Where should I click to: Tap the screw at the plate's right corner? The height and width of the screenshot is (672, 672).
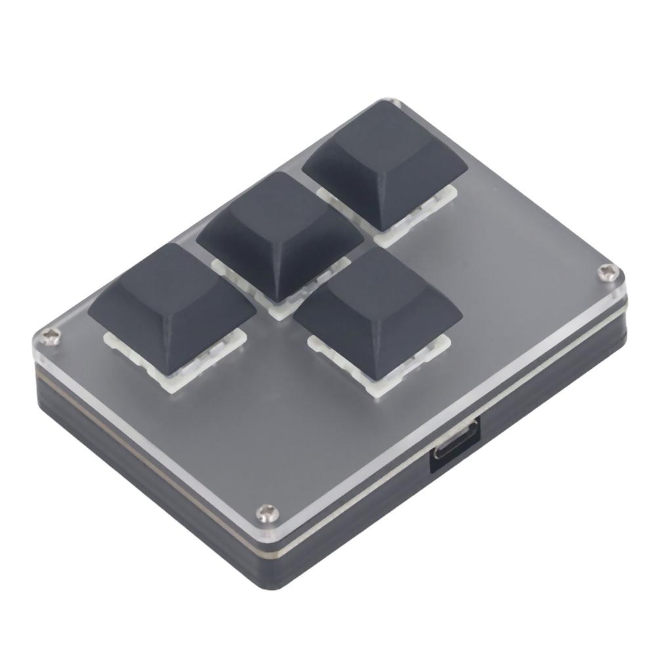pyautogui.click(x=607, y=271)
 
